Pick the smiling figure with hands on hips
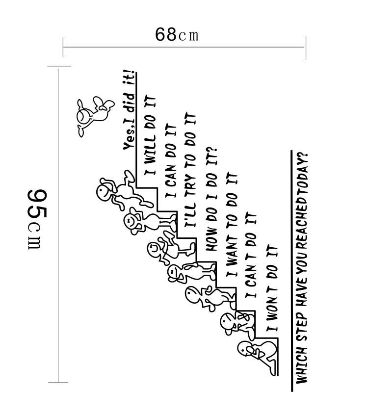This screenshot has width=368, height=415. pyautogui.click(x=142, y=222)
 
